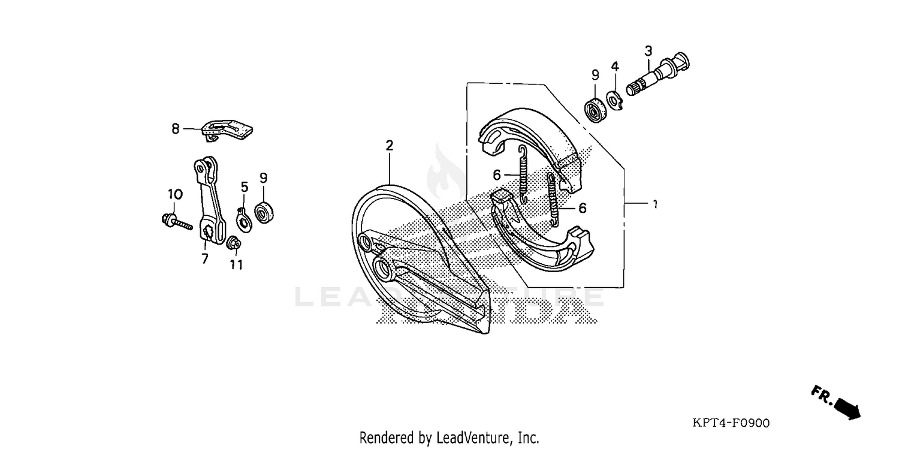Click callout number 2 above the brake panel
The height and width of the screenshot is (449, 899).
[x=390, y=145]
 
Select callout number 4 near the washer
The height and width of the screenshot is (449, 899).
[x=615, y=65]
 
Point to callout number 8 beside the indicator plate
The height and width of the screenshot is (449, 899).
[x=175, y=128]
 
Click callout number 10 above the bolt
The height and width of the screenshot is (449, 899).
[x=174, y=194]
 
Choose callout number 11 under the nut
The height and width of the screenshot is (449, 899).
[x=236, y=264]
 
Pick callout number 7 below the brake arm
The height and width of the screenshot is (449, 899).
[x=204, y=258]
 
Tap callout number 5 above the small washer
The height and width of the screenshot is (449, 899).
[x=245, y=187]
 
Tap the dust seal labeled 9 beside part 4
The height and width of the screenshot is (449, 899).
[x=595, y=111]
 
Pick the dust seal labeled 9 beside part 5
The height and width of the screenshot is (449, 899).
[x=263, y=212]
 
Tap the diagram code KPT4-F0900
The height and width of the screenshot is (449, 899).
[x=731, y=423]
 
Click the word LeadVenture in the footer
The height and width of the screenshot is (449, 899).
[x=473, y=438]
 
